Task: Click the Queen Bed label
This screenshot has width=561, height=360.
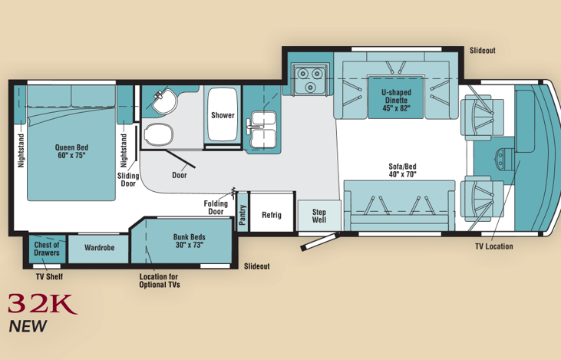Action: tap(71, 151)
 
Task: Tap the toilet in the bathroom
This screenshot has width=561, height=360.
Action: tap(159, 134)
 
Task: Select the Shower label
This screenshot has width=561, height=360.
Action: tap(223, 115)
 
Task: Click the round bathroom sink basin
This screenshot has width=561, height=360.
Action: tap(164, 101)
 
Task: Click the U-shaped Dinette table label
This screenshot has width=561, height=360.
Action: tap(396, 101)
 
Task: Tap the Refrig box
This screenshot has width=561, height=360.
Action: tap(272, 212)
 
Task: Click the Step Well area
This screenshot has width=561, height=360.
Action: tap(319, 216)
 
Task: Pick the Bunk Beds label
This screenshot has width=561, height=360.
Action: tap(190, 241)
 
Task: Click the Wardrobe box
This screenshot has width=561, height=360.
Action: tap(98, 249)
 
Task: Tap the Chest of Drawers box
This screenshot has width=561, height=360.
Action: tap(47, 249)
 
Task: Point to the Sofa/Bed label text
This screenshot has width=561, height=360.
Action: tap(402, 170)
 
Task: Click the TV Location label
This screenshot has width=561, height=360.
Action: tap(493, 246)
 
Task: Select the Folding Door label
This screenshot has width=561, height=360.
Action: tap(216, 207)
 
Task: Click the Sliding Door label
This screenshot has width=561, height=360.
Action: tap(128, 180)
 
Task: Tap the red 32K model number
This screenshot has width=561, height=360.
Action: tap(42, 304)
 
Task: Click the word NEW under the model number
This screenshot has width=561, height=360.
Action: tap(28, 326)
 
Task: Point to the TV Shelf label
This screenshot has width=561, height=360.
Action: tap(49, 276)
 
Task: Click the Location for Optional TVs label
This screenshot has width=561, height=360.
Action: tap(160, 281)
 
